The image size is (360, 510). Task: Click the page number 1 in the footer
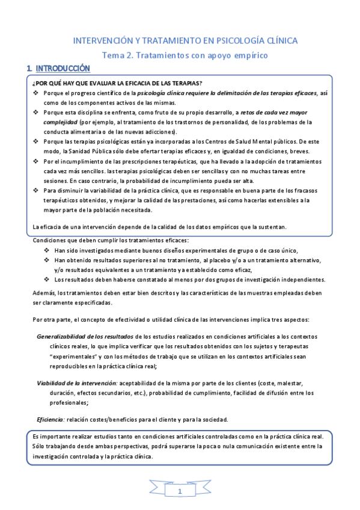(x=180, y=493)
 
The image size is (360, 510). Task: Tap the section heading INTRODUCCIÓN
(x=63, y=69)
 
